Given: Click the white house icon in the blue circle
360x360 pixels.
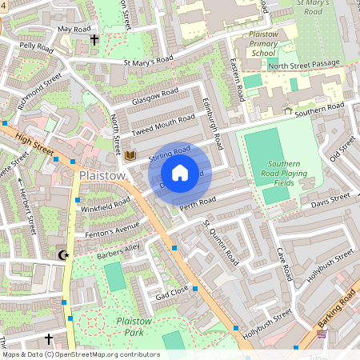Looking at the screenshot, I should (180, 172).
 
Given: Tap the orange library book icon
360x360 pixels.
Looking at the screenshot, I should (130, 154).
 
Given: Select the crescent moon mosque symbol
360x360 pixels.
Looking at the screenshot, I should (63, 255).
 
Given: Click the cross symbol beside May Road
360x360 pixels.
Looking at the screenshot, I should (94, 39).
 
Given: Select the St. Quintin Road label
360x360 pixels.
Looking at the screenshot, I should (220, 242).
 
